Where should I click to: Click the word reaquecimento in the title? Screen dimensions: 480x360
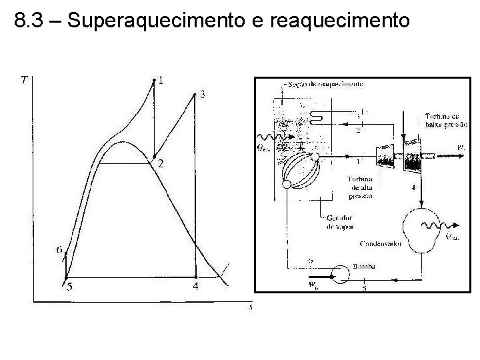339,21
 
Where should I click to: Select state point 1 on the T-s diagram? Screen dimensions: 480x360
155,80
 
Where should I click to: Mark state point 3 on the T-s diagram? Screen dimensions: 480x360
195,94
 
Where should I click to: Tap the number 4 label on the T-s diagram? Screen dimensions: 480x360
195,287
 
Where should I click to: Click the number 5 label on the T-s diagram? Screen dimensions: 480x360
69,287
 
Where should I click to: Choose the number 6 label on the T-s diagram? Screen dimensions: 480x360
59,250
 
